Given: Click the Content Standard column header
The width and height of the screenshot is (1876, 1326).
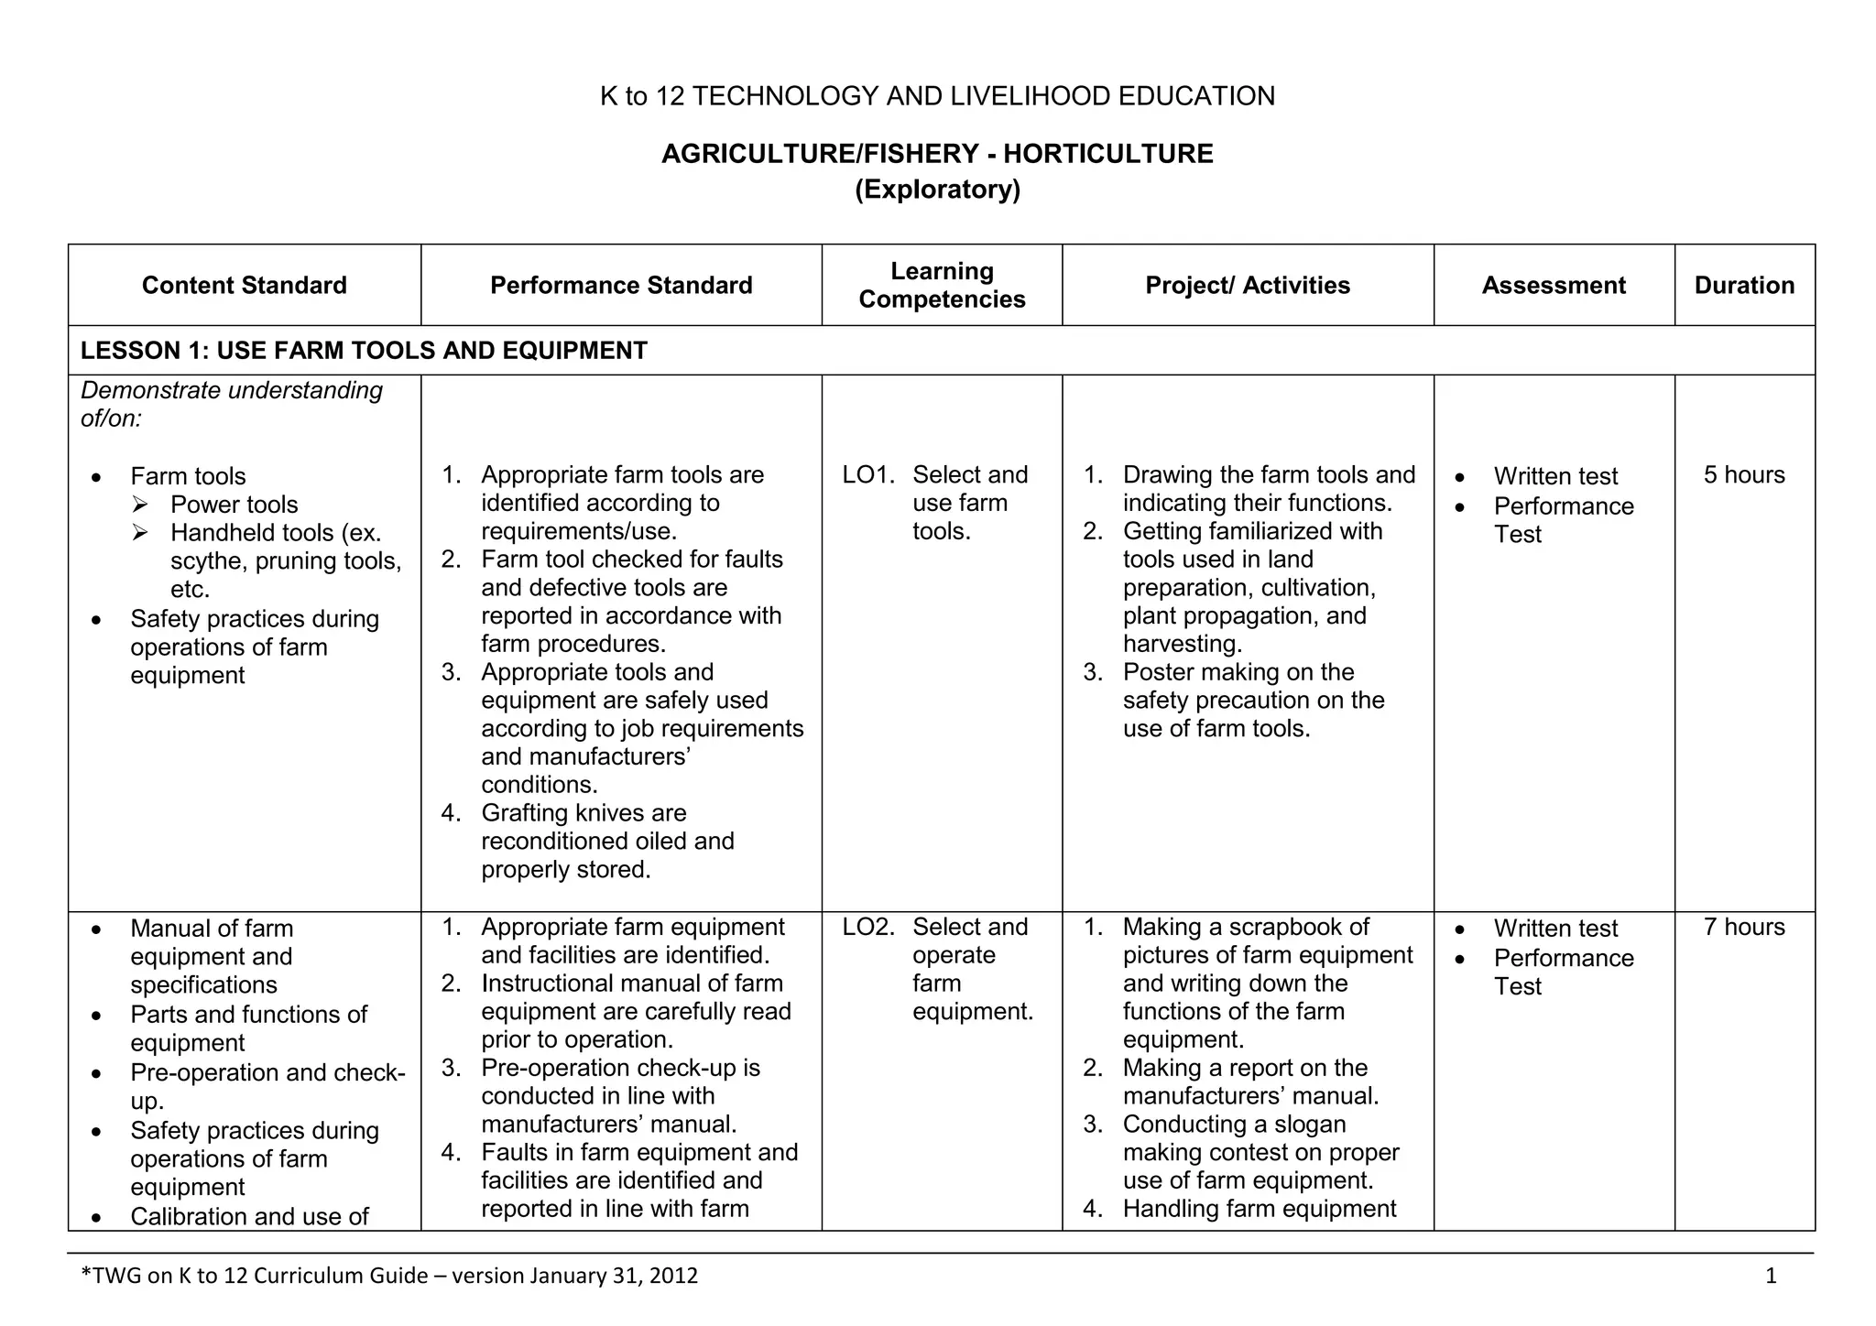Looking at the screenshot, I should (244, 285).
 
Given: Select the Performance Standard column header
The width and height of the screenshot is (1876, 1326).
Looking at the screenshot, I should (621, 285).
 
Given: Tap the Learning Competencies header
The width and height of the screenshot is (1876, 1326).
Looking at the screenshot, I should (942, 285).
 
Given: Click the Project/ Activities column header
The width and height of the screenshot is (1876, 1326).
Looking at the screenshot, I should (1248, 285).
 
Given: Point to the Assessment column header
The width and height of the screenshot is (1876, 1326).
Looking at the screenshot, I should (1554, 285).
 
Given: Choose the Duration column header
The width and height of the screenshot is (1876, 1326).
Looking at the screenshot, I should (1744, 285).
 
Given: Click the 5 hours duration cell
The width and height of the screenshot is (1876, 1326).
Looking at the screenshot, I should (1744, 474).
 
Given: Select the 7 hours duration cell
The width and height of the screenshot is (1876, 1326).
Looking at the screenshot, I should (1744, 927).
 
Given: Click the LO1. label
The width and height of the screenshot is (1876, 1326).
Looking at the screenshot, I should (867, 474).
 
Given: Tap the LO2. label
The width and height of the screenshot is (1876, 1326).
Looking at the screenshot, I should (867, 927).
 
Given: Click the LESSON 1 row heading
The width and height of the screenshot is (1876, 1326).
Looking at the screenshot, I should (364, 351).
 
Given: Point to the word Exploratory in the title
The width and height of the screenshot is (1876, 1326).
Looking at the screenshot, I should (937, 190).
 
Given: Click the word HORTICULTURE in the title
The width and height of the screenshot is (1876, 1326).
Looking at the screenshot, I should (1107, 154).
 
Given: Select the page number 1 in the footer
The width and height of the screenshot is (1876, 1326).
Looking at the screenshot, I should (1771, 1276).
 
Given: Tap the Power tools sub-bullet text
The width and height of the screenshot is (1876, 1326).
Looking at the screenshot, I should (234, 505).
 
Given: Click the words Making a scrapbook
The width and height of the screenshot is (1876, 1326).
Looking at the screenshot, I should (1246, 927).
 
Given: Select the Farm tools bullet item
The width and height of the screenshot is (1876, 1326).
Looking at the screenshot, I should (188, 476).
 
